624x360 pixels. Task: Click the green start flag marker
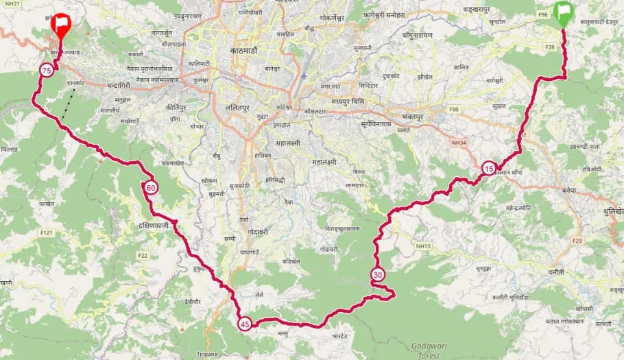coord(564,13)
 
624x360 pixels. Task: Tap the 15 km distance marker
coord(488,168)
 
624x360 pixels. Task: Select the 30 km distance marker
coord(378,276)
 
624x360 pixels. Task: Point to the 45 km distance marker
coord(245,324)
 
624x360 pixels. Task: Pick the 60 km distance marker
coord(151,188)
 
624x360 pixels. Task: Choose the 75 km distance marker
coord(47,71)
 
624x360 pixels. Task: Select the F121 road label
coord(47,233)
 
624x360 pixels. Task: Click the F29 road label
coord(576,241)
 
